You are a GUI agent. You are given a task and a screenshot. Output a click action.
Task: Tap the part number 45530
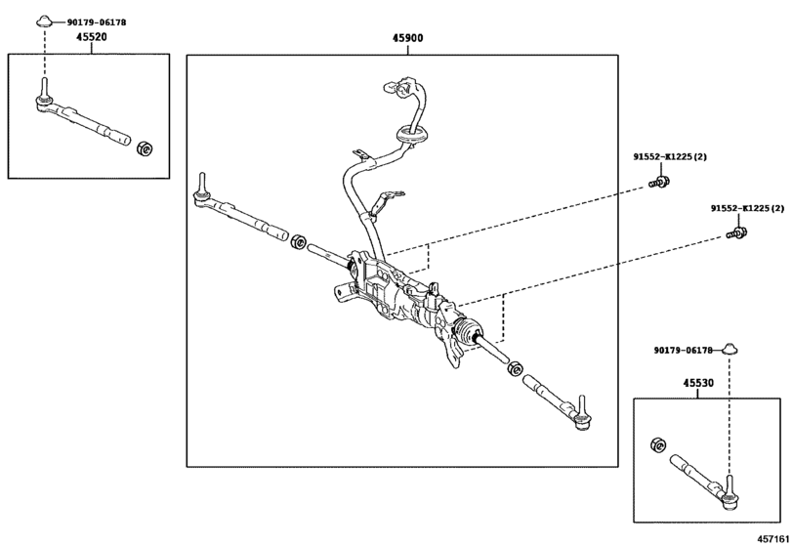point(697,383)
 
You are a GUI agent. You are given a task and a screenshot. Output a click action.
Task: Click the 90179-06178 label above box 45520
point(96,21)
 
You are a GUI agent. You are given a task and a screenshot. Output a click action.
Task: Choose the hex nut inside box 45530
point(656,445)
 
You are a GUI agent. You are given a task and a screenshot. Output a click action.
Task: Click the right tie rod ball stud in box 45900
point(582,410)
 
